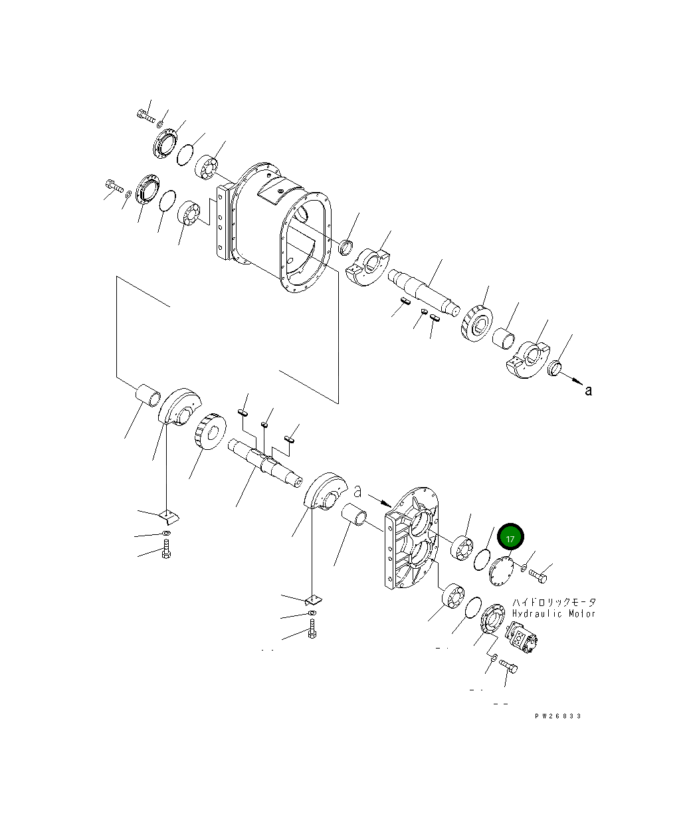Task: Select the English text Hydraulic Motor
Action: (553, 613)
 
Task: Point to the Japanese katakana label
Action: (553, 601)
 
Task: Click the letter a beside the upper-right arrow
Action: (587, 391)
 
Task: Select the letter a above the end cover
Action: (358, 492)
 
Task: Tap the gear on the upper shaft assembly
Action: (476, 324)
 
